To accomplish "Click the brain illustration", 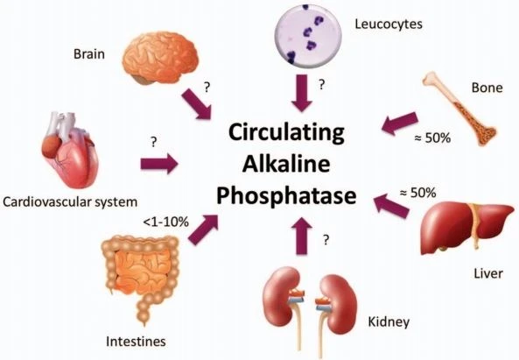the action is (x=160, y=58).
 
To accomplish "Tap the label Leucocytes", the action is (x=389, y=25).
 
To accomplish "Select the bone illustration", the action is (x=459, y=109).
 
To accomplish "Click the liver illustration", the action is (x=466, y=229).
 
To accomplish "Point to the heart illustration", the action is (x=69, y=150).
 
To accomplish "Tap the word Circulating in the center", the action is (x=286, y=132).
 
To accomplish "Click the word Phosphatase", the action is (x=286, y=195).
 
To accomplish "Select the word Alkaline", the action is (x=286, y=164).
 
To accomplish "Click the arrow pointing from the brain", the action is (x=197, y=104).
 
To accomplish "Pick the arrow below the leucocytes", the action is (x=302, y=93).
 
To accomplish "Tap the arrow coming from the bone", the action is (x=399, y=124).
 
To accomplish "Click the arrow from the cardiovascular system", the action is (x=159, y=164).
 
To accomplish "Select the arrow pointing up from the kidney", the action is (x=302, y=236).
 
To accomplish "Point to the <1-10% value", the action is (x=165, y=222).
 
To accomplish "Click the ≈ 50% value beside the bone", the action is (x=432, y=138).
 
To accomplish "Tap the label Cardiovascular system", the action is (x=70, y=201).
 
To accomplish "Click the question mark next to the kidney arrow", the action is (x=326, y=239).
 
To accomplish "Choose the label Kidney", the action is (x=389, y=321).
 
